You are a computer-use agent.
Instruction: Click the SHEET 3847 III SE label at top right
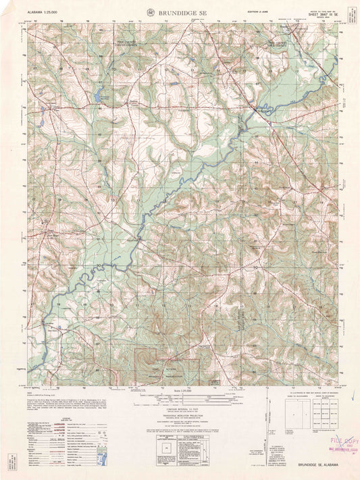(x=319, y=16)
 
